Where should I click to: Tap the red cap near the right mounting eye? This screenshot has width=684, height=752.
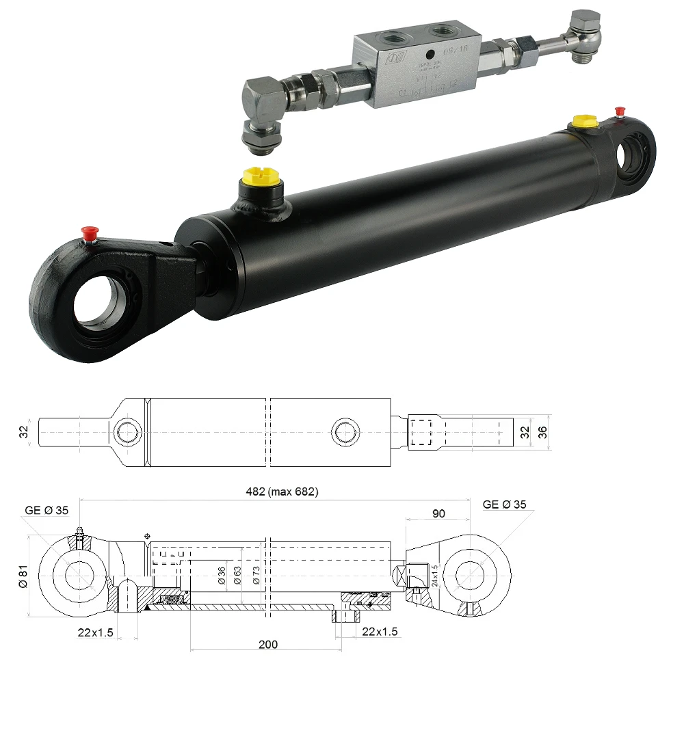[620, 111]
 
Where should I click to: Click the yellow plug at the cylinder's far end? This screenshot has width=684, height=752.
[583, 122]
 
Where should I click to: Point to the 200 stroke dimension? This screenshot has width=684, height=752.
[268, 644]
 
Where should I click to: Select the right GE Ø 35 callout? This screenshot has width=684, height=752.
[505, 505]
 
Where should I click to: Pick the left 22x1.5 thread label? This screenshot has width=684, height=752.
[95, 632]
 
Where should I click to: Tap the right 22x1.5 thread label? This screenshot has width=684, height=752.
[380, 631]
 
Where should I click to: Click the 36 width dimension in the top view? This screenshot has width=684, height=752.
[543, 432]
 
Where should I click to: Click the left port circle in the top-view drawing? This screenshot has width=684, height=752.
[127, 432]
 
